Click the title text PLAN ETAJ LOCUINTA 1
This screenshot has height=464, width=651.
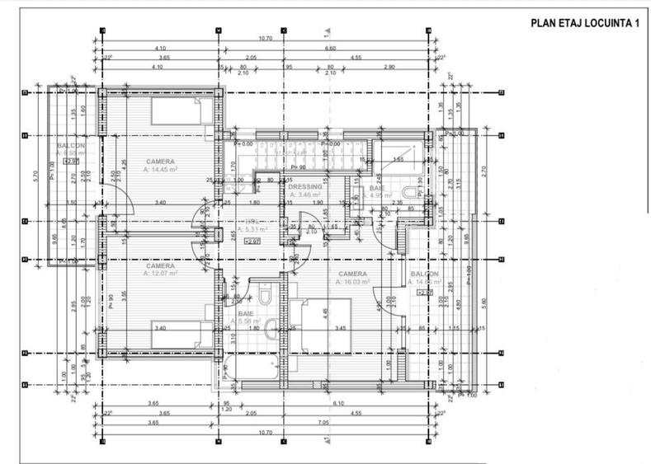pos(584,23)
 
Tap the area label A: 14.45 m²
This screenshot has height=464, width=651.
pos(161,169)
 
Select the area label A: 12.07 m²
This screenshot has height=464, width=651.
pos(161,274)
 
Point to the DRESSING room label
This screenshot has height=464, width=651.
pos(304,187)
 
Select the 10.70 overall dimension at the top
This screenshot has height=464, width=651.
pos(265,38)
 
